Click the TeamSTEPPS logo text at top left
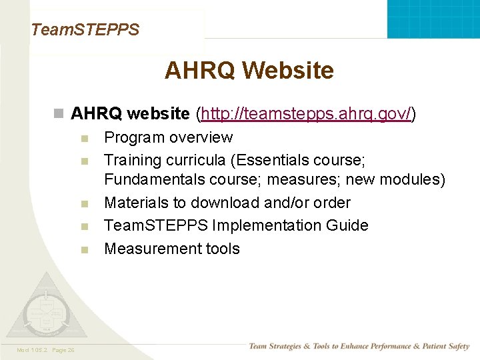click(85, 29)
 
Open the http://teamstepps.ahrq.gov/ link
click(306, 114)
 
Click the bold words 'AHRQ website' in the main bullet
click(130, 114)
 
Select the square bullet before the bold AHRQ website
click(59, 114)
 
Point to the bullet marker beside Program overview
click(84, 139)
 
